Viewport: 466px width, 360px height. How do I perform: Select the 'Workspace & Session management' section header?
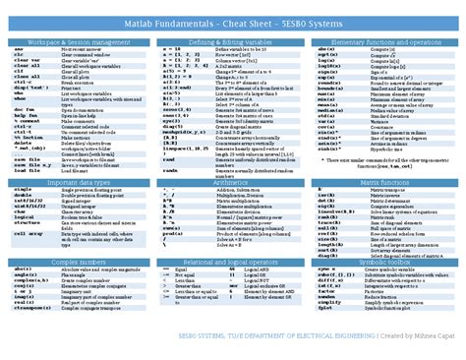point(76,44)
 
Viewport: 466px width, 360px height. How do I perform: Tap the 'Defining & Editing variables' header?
point(230,44)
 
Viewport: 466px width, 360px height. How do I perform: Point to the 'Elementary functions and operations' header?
point(385,44)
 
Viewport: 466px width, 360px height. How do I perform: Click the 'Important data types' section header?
point(76,183)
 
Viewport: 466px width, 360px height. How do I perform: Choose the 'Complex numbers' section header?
point(76,263)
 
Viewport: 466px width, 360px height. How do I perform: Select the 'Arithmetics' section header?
point(230,183)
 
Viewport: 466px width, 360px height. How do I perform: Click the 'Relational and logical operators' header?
point(230,263)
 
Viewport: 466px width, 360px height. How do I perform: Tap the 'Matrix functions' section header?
point(385,183)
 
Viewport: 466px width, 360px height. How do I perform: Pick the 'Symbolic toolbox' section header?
point(385,263)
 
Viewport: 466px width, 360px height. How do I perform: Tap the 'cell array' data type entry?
point(29,234)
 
